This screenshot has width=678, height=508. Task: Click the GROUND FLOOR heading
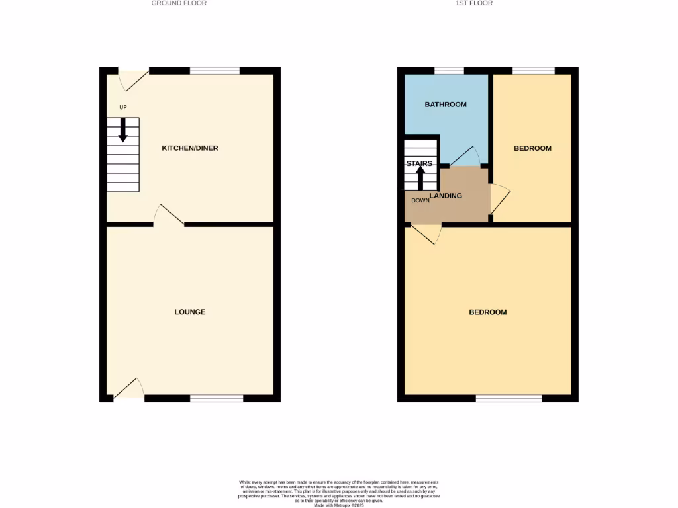click(179, 3)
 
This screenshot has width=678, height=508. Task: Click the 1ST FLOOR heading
click(473, 3)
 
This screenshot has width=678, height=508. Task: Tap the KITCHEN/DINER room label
click(190, 148)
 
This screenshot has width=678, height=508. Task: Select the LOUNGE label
click(190, 312)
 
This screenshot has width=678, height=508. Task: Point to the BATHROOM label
click(446, 105)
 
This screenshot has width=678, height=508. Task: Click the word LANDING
click(446, 196)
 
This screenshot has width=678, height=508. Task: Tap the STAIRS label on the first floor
click(419, 163)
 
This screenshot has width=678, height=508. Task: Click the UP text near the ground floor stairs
click(122, 107)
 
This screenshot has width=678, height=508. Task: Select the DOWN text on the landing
click(420, 200)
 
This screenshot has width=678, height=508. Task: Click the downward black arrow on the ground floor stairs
click(123, 130)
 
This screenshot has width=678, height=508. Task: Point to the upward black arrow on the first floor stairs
click(420, 177)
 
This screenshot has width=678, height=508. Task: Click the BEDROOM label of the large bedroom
click(488, 312)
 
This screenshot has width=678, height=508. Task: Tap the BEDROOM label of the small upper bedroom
click(532, 148)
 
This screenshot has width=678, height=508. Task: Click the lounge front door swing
click(130, 390)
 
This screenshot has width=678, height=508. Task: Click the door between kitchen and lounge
click(168, 215)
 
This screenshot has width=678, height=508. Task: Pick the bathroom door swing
click(466, 157)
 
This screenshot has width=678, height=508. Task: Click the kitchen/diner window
click(215, 71)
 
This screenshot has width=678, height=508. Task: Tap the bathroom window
click(449, 71)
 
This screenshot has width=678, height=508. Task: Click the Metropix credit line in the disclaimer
click(338, 505)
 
